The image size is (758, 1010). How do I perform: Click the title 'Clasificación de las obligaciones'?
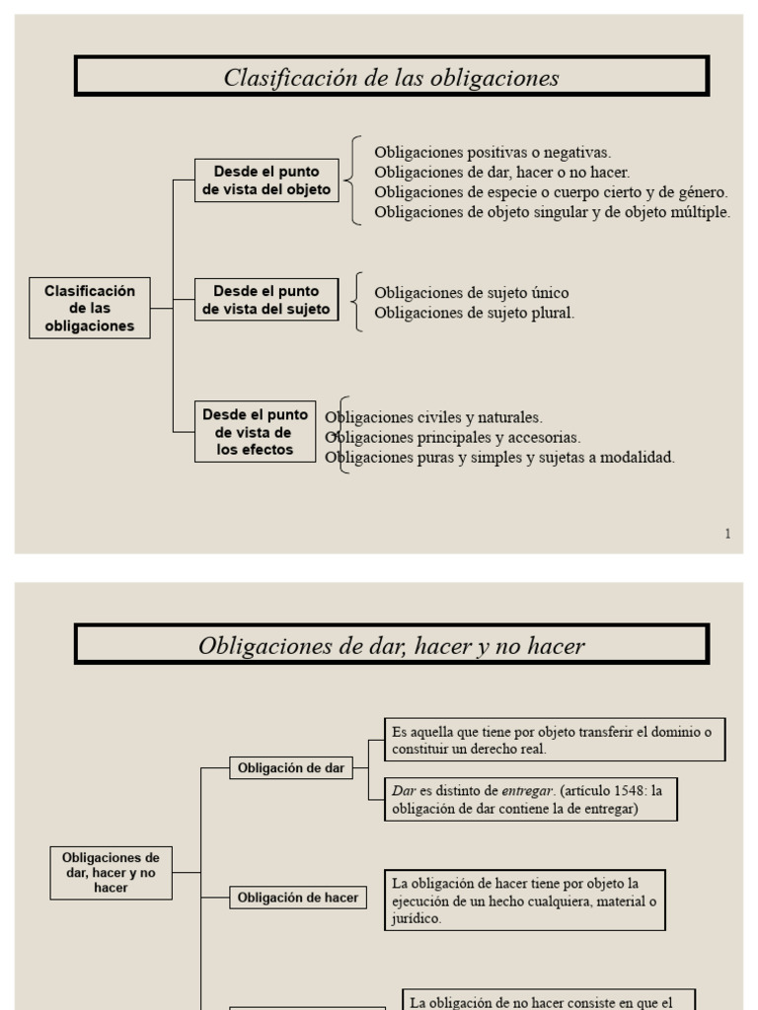point(391,77)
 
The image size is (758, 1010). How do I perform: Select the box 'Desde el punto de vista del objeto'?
point(266,180)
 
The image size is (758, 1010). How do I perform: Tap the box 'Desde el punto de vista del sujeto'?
point(266,300)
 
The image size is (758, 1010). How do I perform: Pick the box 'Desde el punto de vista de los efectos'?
point(255,432)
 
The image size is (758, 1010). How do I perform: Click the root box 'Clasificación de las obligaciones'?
point(90,308)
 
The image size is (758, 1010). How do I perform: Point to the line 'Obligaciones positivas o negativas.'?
point(493,152)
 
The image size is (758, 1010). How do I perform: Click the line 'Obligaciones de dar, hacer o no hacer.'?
point(501,172)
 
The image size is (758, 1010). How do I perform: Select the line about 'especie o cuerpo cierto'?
point(551,191)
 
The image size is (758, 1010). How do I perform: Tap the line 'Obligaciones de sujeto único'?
point(472,293)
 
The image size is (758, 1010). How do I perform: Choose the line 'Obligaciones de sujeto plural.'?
point(474,313)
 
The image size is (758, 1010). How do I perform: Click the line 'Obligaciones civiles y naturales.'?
point(434,417)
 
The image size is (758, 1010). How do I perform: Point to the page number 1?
point(727,534)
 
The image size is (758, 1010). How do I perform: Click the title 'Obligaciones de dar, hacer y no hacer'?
point(391,646)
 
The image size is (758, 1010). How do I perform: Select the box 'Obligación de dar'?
point(291,768)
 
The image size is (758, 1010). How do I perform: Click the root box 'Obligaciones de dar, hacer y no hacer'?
point(111,872)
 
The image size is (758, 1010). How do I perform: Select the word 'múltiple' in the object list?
point(699,211)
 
